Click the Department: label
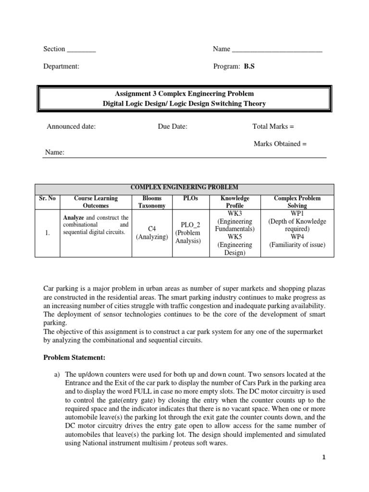61,67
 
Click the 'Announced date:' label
71,126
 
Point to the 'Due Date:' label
172,126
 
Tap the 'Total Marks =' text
273,126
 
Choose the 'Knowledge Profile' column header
235,202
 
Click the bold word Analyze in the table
74,218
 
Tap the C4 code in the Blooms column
152,229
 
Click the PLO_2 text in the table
190,224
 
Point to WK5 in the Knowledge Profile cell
235,237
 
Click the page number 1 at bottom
324,457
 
